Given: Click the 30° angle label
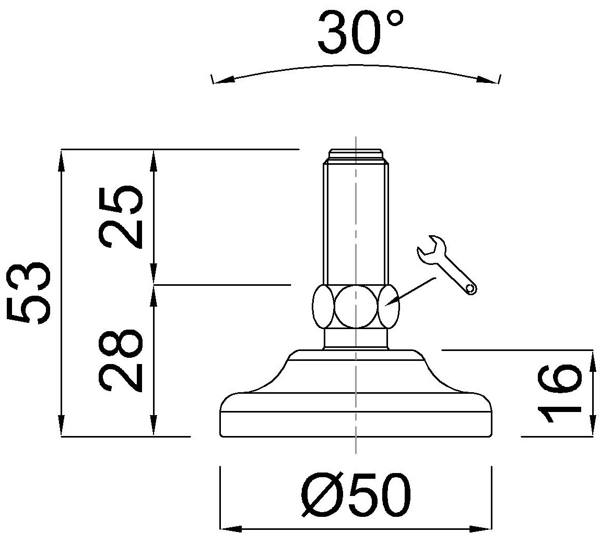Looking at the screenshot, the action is pos(360,32).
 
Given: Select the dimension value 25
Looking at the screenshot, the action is pos(121,217).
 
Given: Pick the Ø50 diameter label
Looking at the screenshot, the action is pos(356,495).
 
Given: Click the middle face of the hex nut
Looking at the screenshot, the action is pos(356,306).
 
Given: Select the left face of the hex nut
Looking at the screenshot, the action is pos(323,306).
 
